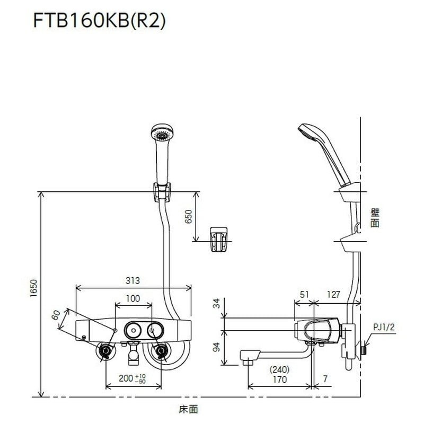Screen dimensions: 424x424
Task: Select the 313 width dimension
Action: pyautogui.click(x=134, y=281)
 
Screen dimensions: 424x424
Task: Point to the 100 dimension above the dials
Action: pyautogui.click(x=134, y=298)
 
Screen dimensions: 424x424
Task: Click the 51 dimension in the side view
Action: pyautogui.click(x=304, y=294)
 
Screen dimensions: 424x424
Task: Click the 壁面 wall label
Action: pyautogui.click(x=375, y=217)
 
